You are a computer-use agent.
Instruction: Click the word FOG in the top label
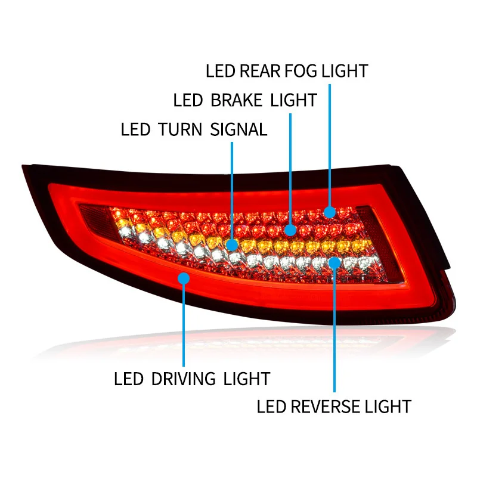pyautogui.click(x=300, y=71)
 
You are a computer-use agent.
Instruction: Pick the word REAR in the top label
pyautogui.click(x=258, y=71)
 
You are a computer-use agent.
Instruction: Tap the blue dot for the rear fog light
pyautogui.click(x=330, y=211)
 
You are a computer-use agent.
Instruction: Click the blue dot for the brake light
pyautogui.click(x=290, y=229)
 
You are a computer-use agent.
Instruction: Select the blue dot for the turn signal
pyautogui.click(x=232, y=245)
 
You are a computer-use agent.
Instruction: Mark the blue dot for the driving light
pyautogui.click(x=184, y=277)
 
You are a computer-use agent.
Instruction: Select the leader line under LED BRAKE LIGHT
pyautogui.click(x=290, y=167)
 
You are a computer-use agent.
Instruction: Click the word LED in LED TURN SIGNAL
pyautogui.click(x=135, y=129)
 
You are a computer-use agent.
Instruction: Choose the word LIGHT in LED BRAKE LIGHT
pyautogui.click(x=293, y=100)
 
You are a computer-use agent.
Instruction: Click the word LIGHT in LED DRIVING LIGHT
pyautogui.click(x=247, y=378)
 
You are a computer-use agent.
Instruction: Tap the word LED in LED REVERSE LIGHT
pyautogui.click(x=272, y=407)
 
